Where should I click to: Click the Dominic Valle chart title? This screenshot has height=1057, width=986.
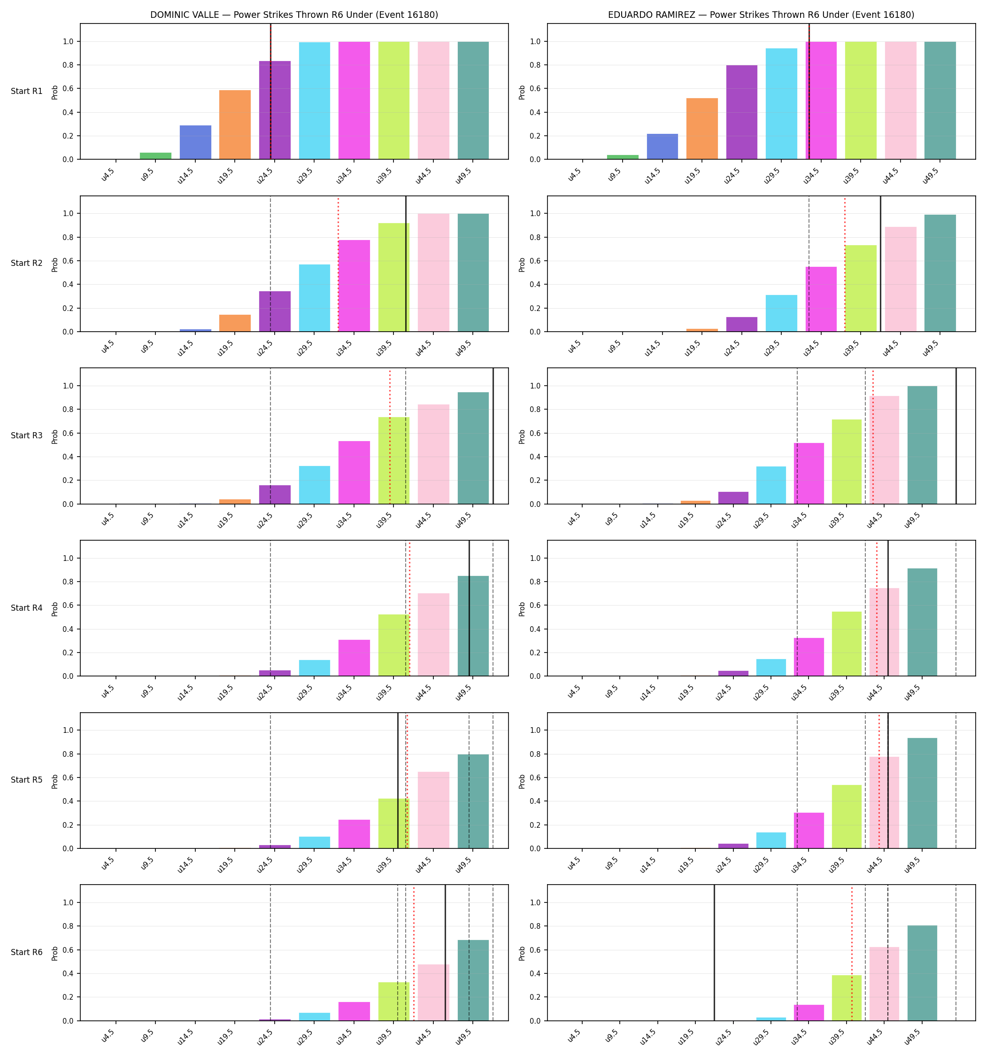294,15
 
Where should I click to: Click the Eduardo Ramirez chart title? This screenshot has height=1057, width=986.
761,15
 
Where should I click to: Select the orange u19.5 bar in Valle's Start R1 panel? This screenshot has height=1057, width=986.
235,124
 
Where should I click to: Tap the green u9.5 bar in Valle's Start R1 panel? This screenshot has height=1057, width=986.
156,156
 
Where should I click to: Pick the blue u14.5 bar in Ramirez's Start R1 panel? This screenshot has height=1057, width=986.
662,146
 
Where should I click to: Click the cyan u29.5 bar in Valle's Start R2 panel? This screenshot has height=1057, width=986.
315,298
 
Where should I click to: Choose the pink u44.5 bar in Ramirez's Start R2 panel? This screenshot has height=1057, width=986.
901,279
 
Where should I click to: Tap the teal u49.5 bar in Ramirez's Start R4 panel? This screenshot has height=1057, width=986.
922,622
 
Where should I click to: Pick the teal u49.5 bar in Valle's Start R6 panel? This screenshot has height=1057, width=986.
473,980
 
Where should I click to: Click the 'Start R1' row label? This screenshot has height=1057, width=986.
27,91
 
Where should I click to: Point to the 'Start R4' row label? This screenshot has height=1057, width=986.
27,608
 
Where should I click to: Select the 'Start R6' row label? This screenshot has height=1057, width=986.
27,952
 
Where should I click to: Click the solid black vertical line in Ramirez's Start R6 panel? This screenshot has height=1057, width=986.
714,953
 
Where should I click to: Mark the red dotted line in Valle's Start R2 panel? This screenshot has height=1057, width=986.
338,264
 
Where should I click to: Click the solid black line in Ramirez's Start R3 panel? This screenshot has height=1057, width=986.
956,436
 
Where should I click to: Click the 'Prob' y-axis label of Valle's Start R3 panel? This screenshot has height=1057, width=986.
55,436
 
